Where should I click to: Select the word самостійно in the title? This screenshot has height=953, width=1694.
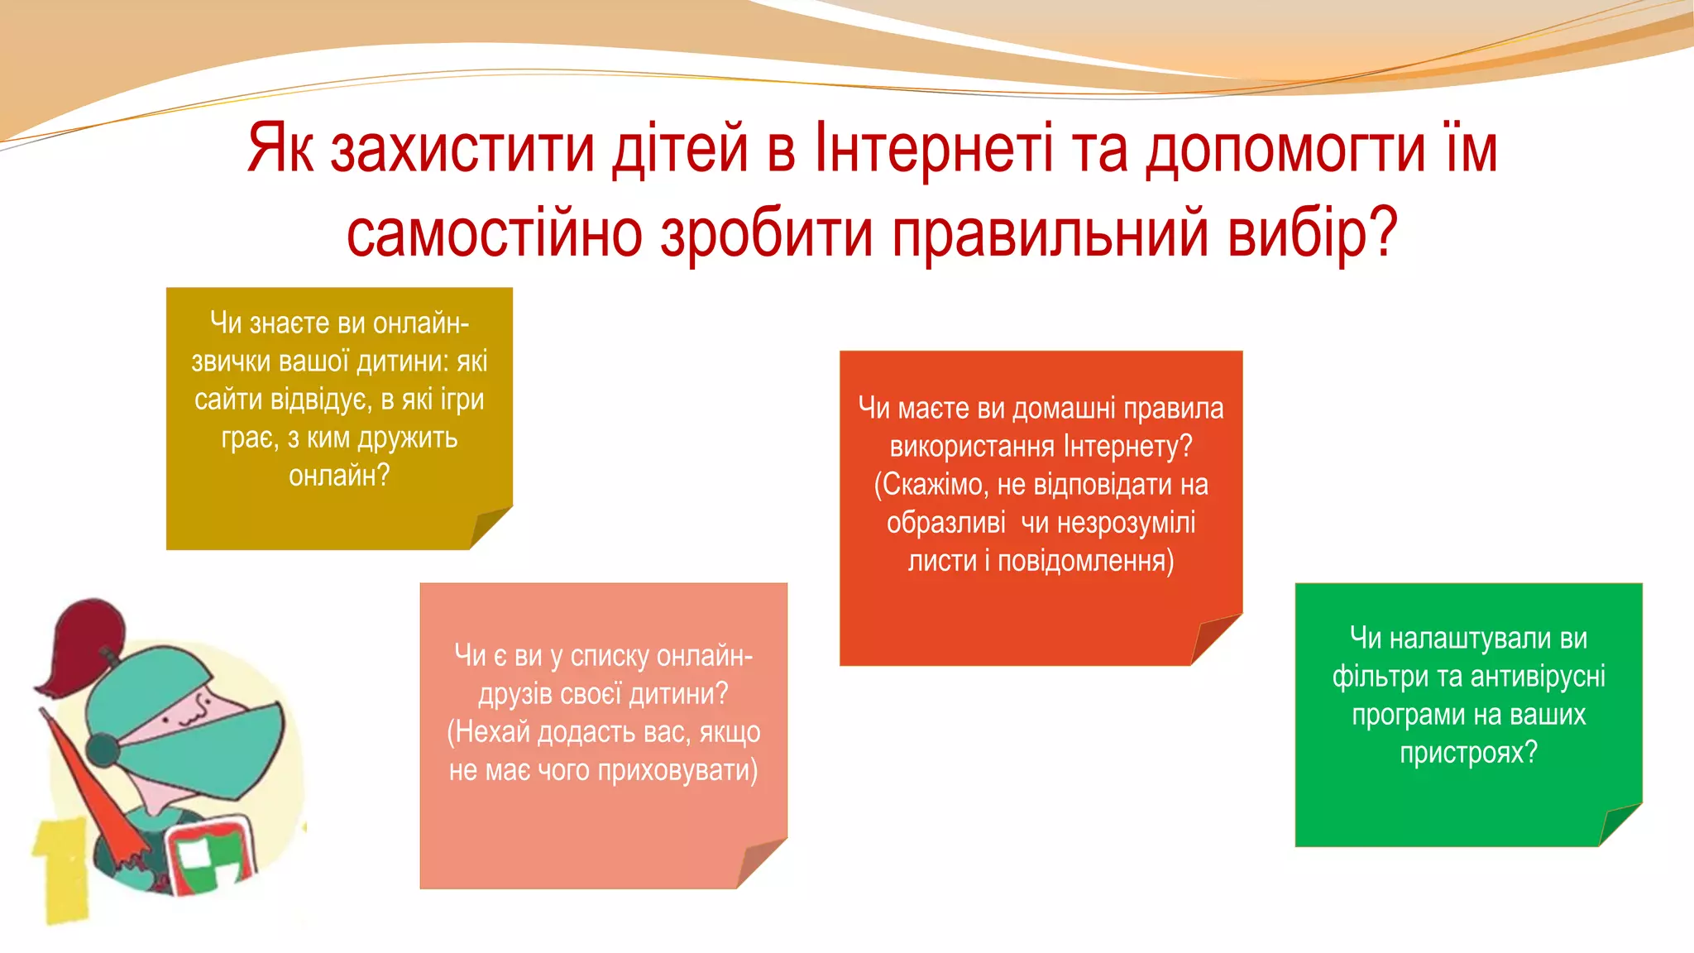494,233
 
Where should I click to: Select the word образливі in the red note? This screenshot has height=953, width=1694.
945,523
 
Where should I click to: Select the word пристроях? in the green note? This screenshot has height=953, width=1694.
1468,753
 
